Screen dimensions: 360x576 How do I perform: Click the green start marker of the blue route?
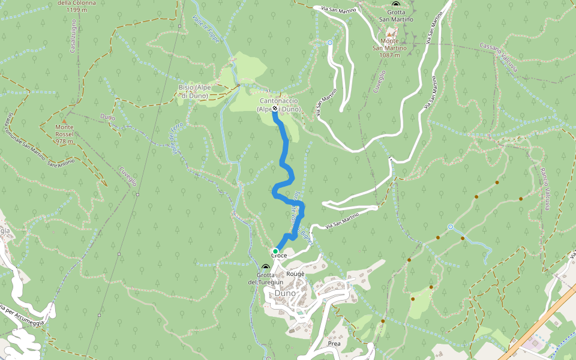[x=275, y=251]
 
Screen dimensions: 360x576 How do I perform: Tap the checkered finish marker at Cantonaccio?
[x=275, y=110]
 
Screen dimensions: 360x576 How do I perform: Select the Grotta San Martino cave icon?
[x=395, y=4]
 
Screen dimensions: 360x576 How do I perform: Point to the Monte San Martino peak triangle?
[x=389, y=34]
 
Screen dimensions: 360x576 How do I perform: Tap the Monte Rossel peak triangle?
[x=64, y=121]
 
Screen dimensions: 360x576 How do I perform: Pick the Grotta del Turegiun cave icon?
[x=265, y=267]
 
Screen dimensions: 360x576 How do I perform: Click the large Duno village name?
[x=286, y=293]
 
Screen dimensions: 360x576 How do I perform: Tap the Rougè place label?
[x=295, y=274]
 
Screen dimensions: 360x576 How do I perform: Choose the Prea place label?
[x=334, y=344]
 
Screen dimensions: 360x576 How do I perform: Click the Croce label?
[x=279, y=256]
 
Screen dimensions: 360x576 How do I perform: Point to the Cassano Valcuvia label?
[x=499, y=57]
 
